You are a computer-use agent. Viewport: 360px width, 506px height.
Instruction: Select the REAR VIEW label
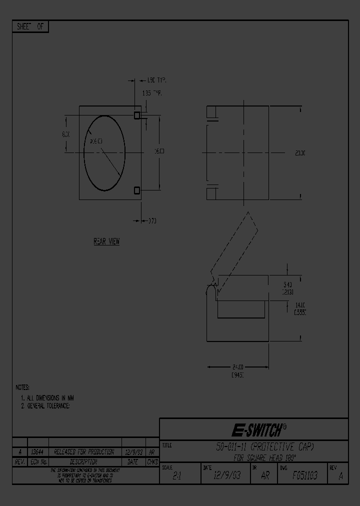106,241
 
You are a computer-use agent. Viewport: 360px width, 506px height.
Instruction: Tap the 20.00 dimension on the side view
300,153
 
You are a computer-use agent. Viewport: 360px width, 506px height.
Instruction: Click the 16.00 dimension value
158,150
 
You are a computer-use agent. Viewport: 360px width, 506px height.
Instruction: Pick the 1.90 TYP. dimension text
156,80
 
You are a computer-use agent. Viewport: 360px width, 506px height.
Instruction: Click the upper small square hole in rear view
137,115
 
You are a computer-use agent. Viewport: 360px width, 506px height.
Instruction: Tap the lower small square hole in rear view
137,190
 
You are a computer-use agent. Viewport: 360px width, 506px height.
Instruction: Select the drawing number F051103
305,475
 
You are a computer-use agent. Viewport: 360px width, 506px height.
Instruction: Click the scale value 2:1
177,476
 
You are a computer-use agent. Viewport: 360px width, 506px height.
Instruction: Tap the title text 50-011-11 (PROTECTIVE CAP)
265,446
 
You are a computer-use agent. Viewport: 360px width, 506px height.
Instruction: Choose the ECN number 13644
37,452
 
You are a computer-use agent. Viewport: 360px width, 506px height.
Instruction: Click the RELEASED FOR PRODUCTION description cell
84,452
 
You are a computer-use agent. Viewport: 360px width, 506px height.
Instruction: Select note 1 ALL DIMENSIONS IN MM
47,397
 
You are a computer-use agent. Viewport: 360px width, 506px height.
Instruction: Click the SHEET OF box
30,27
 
